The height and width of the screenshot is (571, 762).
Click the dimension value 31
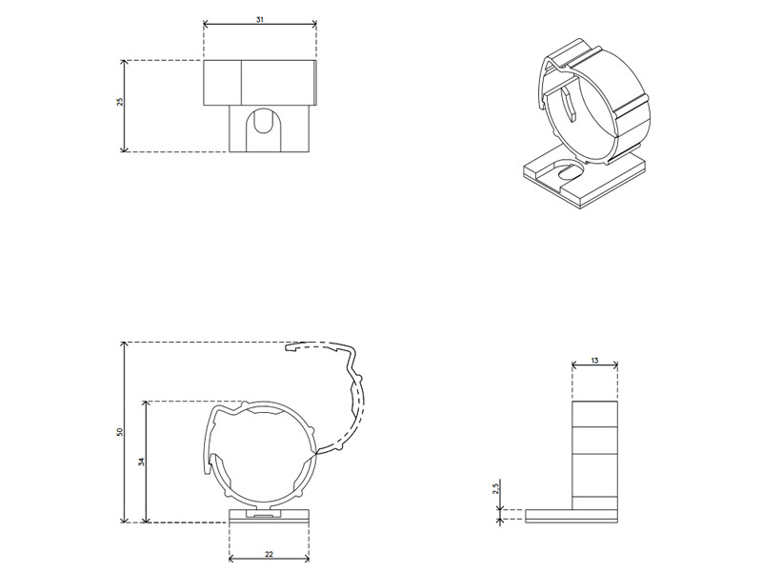coord(260,19)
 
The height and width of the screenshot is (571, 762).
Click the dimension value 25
coord(120,101)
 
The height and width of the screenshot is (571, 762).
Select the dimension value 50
coord(120,432)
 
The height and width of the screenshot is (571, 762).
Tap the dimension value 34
coord(141,462)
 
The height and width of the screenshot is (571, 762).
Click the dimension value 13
coord(594,361)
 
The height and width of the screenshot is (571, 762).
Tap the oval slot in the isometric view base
coord(570,173)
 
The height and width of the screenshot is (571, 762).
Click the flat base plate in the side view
coord(571,516)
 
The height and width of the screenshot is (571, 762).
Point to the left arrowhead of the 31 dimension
coord(207,25)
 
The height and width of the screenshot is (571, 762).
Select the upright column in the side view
coord(594,452)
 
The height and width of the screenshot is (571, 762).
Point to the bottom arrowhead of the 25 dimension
coord(124,148)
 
